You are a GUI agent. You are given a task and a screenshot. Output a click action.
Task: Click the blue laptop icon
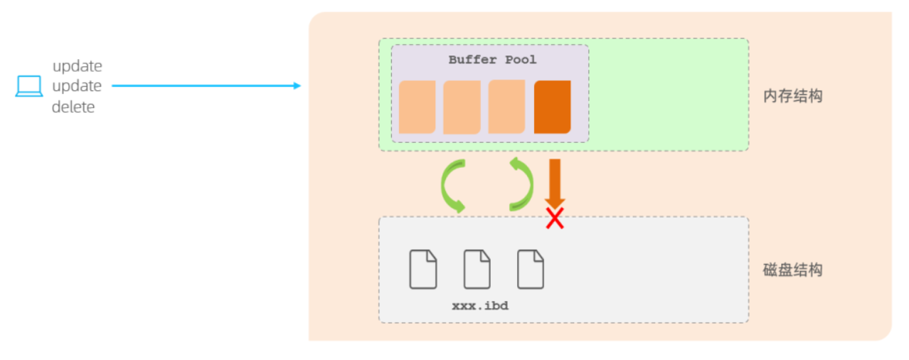[29, 86]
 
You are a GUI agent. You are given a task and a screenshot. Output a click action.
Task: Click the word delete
[73, 107]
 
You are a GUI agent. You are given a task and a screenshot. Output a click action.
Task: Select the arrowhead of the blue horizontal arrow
[297, 85]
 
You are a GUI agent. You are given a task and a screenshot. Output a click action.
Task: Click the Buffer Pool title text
[492, 60]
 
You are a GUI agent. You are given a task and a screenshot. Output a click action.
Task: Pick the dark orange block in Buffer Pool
[552, 107]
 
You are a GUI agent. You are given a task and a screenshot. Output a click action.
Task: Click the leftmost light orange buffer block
[418, 107]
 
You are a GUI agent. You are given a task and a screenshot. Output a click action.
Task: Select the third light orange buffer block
[506, 107]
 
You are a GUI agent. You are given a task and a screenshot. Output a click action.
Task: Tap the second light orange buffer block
[462, 107]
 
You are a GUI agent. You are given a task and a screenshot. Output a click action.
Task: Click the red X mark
[555, 218]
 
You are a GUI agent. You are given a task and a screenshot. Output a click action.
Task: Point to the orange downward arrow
[555, 184]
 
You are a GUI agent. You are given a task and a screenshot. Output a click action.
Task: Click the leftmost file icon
[423, 269]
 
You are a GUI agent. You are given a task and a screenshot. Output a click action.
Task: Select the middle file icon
[477, 269]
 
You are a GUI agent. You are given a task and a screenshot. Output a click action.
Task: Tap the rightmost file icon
[531, 269]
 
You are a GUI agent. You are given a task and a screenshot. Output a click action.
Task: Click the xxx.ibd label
[480, 305]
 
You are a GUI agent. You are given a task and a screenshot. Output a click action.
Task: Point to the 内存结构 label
[792, 96]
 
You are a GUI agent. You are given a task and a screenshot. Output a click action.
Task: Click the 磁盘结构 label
[792, 270]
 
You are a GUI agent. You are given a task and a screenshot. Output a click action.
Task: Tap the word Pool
[521, 60]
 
